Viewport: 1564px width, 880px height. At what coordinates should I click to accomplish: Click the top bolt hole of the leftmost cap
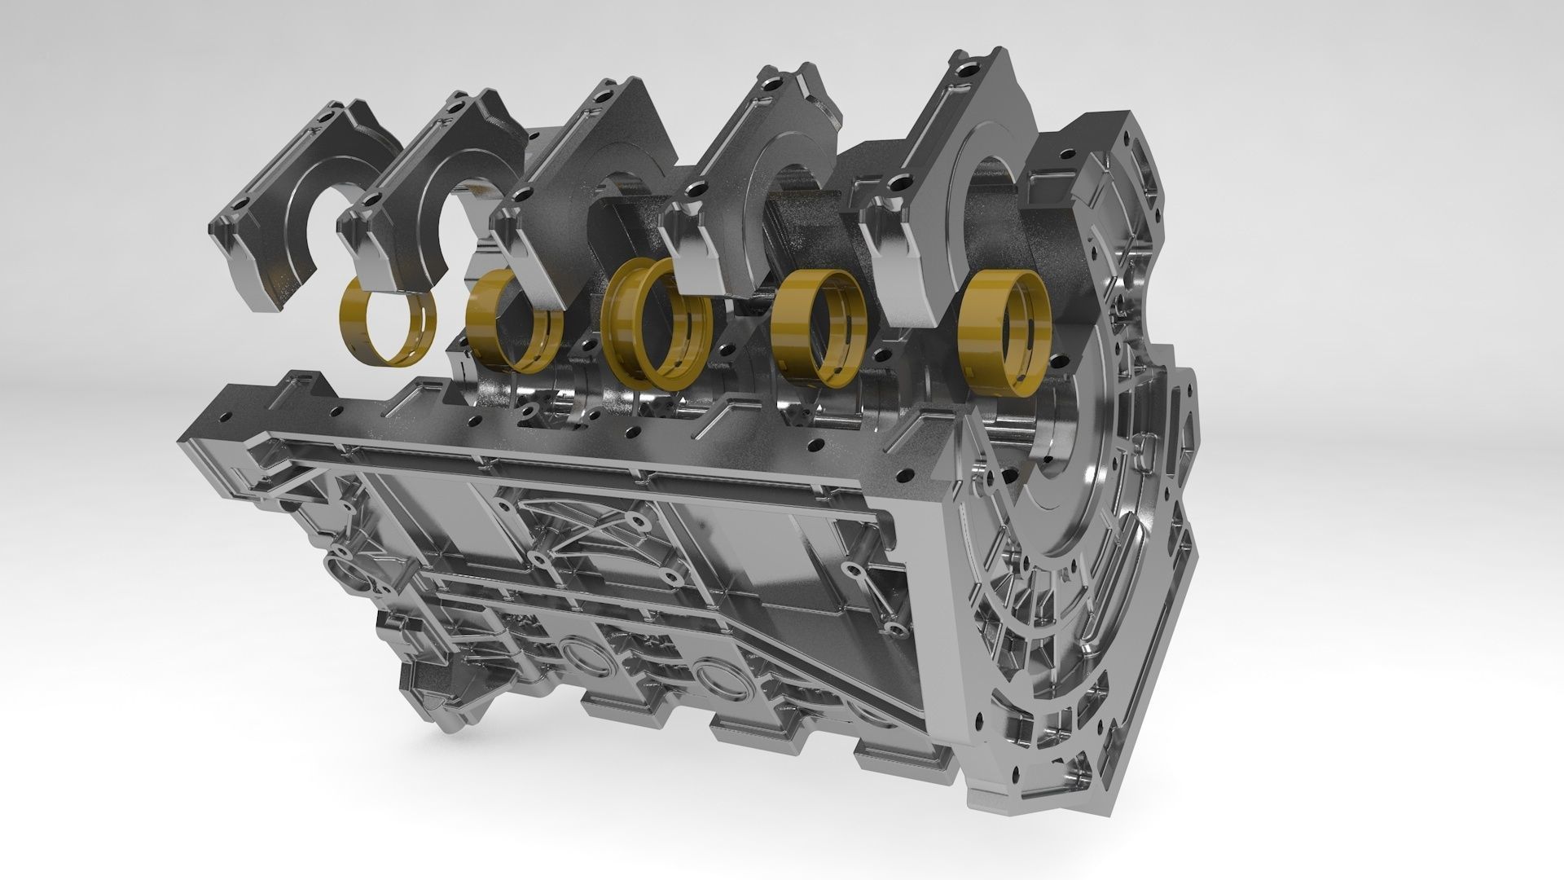coord(327,117)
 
